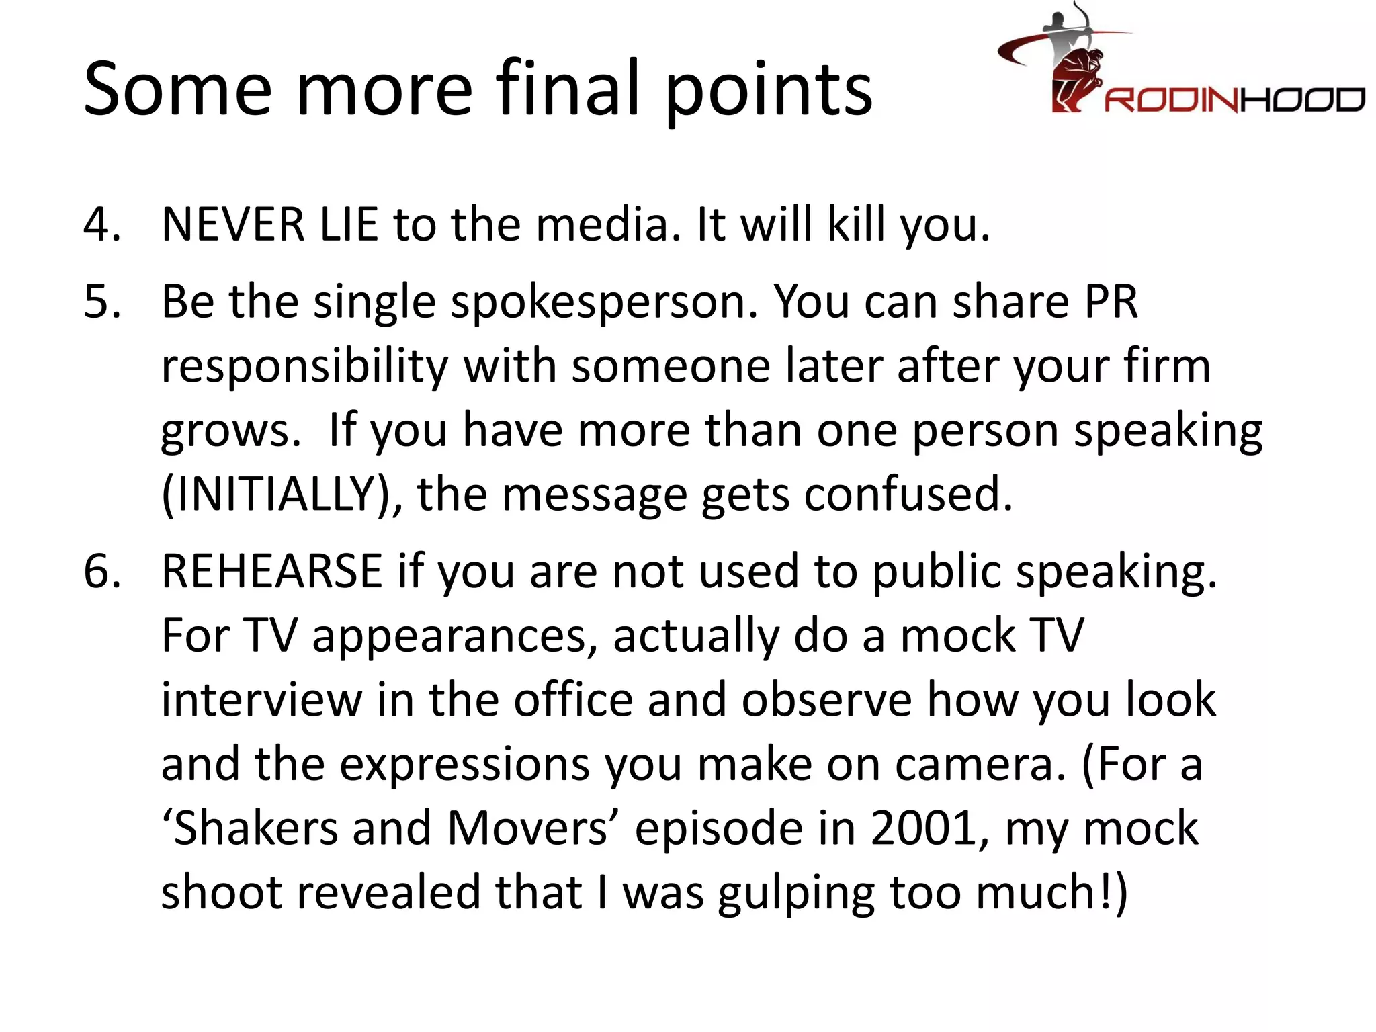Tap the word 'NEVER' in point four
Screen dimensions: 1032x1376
(x=233, y=224)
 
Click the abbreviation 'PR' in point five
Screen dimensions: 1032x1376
(x=1111, y=302)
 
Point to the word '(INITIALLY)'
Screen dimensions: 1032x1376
(x=282, y=495)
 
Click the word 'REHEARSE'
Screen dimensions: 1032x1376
(x=272, y=572)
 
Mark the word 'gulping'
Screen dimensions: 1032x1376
(x=795, y=894)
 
